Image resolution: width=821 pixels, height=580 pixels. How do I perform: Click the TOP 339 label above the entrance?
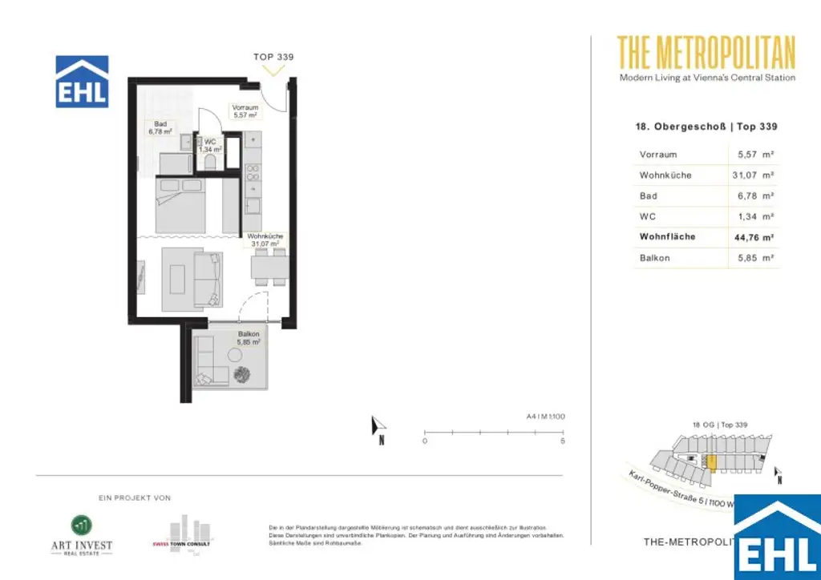click(273, 57)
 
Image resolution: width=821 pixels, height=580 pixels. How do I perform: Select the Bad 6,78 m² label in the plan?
click(160, 127)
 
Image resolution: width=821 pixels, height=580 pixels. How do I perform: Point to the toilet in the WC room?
click(212, 161)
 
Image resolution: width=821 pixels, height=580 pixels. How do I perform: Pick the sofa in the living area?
click(208, 280)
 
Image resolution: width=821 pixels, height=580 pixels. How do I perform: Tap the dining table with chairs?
click(269, 266)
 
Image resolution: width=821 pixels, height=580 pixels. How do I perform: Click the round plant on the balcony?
click(241, 373)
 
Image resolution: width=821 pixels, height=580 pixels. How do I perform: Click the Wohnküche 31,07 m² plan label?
click(265, 240)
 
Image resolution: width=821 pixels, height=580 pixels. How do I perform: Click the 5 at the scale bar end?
click(563, 441)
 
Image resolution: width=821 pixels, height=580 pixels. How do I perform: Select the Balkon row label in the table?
click(654, 258)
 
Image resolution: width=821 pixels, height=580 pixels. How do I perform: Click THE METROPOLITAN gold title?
click(706, 53)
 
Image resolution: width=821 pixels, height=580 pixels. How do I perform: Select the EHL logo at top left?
click(82, 81)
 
